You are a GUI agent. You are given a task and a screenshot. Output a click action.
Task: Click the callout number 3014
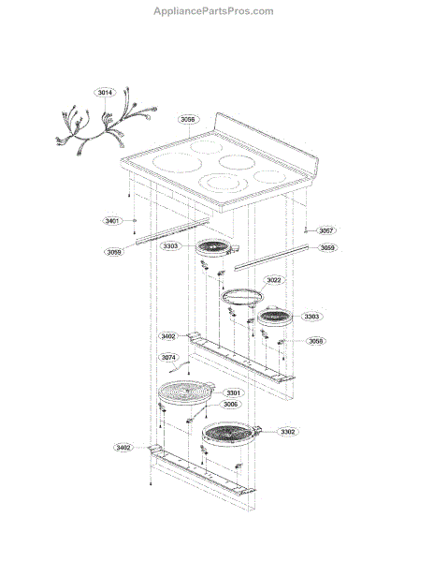105,93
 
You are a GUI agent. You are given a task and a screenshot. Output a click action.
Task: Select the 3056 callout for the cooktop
187,120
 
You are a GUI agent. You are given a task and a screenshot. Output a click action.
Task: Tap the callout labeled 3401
112,221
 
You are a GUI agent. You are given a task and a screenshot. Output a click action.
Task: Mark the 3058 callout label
317,341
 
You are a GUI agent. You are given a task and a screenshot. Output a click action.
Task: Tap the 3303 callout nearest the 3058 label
311,317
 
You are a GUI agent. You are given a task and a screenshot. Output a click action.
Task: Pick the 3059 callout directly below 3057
327,248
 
